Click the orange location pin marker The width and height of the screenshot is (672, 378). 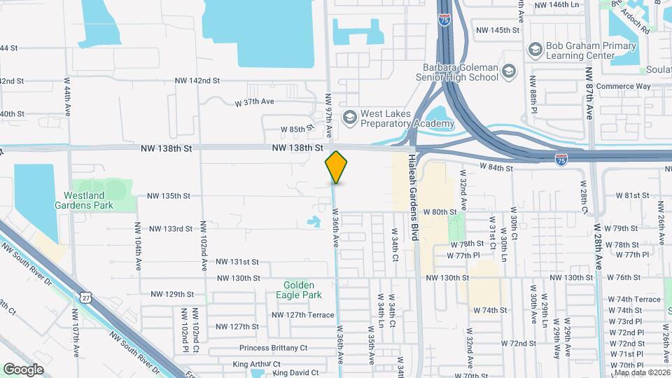336,167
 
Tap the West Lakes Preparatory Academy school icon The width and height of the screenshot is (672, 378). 349,115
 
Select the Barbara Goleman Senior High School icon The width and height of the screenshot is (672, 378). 508,71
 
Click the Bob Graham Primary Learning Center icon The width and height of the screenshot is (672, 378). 536,49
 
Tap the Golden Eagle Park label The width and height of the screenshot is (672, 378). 303,290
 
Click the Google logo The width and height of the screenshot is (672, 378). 23,370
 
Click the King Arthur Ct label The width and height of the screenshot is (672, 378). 256,364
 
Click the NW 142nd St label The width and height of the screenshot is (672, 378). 197,80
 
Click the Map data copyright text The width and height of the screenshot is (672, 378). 640,372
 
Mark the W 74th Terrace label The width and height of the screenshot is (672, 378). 634,299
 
